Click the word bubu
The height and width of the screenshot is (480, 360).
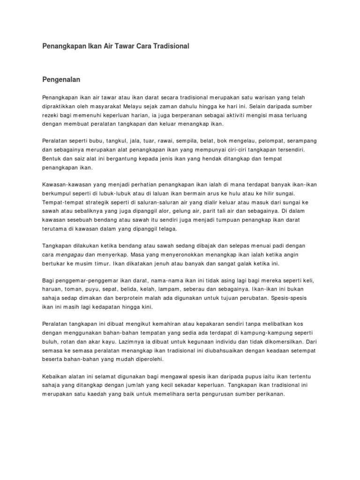point(108,141)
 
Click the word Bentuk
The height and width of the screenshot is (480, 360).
point(52,159)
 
